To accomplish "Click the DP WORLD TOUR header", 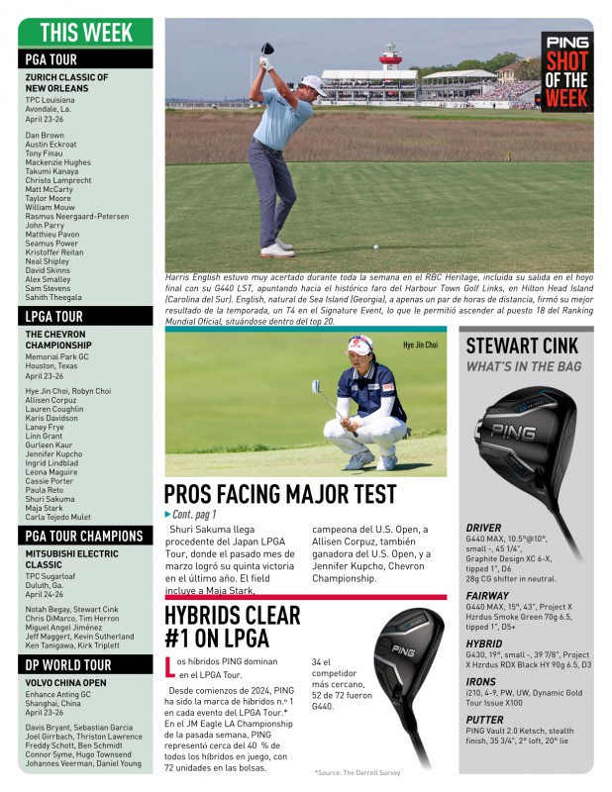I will point(69,664).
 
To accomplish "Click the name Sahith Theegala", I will point(54,297).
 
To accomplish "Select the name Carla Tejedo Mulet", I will point(58,517).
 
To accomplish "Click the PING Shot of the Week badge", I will point(566,71).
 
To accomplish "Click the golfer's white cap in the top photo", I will point(313,83).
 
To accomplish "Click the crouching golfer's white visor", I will point(359,346).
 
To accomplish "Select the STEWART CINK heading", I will point(522,346).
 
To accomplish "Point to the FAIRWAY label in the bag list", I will point(487,596).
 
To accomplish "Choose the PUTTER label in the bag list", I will point(485,720).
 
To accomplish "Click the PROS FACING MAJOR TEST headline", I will point(280,493).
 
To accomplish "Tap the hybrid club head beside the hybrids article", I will point(411,649).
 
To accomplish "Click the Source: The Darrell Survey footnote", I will point(358,771).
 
